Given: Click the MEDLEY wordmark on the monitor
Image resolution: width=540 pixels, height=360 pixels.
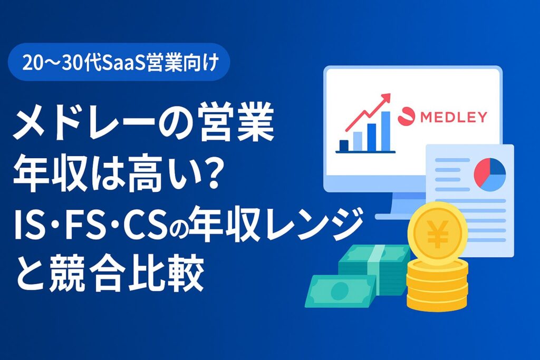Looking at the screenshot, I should tap(454, 117).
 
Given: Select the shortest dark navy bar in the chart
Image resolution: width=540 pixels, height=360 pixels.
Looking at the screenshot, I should tap(344, 145).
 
